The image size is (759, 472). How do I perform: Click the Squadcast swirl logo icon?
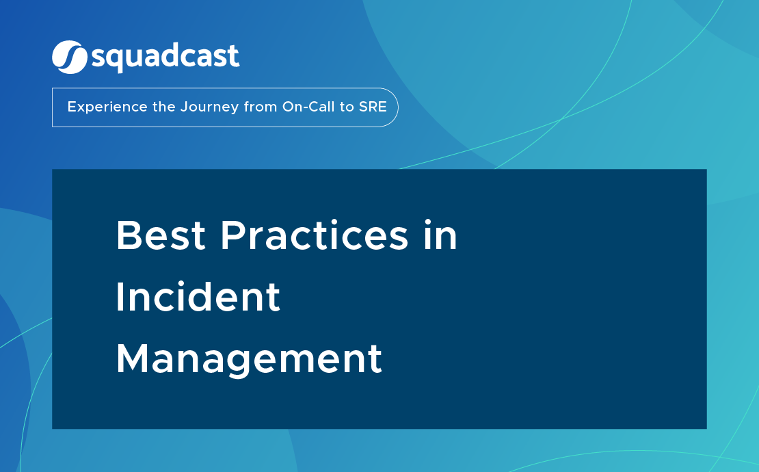(x=69, y=57)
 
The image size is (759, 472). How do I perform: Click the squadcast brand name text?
(x=165, y=57)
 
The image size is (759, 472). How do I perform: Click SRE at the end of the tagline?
(x=373, y=107)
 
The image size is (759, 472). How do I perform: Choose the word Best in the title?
(x=161, y=236)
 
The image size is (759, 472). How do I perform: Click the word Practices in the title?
(x=314, y=236)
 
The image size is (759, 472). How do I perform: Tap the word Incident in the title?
(x=198, y=298)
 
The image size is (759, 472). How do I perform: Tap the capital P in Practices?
(x=233, y=236)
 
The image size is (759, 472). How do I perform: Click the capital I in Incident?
(x=120, y=298)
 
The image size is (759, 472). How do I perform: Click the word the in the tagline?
(x=164, y=107)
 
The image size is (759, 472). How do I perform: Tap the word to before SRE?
(x=347, y=107)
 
